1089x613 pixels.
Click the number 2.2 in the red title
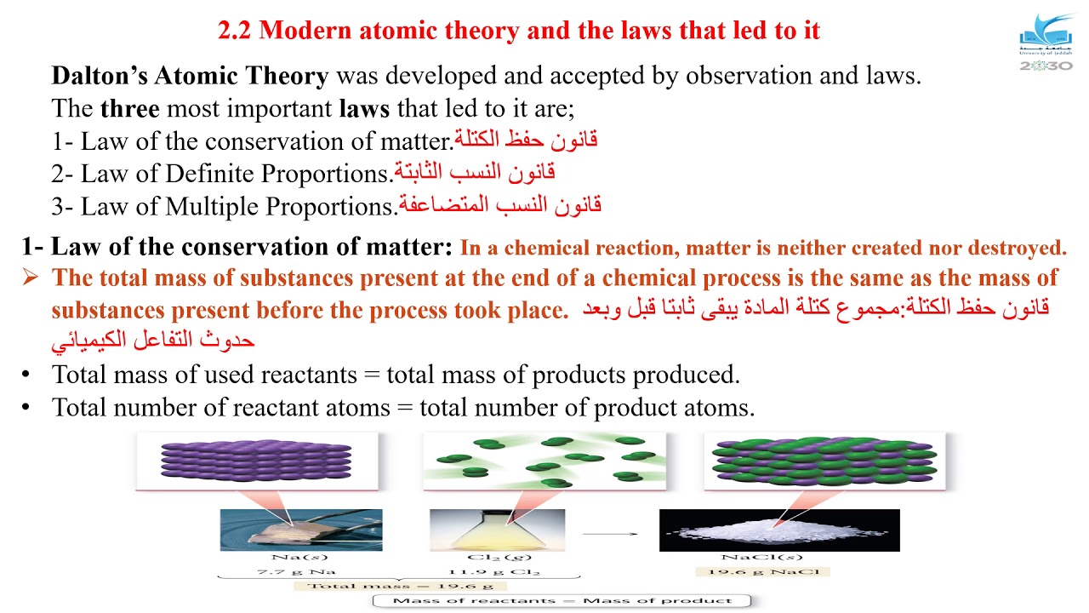(x=235, y=31)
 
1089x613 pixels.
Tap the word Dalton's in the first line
(x=100, y=76)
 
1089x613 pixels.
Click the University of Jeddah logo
(x=1046, y=35)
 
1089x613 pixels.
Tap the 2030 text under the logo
(x=1046, y=66)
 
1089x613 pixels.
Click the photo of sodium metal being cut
(x=301, y=530)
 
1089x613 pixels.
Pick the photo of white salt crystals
(x=778, y=530)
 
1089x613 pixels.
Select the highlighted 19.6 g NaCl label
(x=761, y=571)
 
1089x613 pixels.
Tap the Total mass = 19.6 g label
(x=399, y=586)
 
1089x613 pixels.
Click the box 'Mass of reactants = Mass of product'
(x=563, y=601)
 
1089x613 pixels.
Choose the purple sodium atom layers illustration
(x=256, y=461)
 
